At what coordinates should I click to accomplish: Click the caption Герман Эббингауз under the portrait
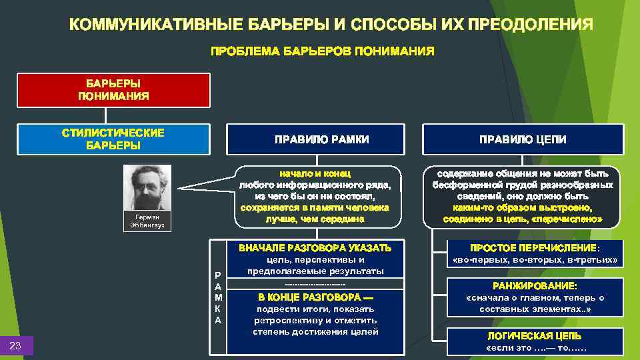click(147, 221)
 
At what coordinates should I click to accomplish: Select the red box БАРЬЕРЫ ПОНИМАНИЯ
click(113, 90)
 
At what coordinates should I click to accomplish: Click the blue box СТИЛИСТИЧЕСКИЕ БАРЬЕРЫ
click(113, 139)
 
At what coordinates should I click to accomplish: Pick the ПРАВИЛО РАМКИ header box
click(322, 139)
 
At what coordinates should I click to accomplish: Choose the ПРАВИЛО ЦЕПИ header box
click(523, 139)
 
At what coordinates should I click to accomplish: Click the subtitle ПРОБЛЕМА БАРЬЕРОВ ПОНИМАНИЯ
click(323, 51)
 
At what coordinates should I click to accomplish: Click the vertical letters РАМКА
click(217, 297)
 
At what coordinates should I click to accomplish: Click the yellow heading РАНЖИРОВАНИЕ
click(525, 285)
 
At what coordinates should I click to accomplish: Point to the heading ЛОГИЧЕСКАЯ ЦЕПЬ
click(525, 336)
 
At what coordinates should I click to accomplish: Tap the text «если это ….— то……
click(525, 348)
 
